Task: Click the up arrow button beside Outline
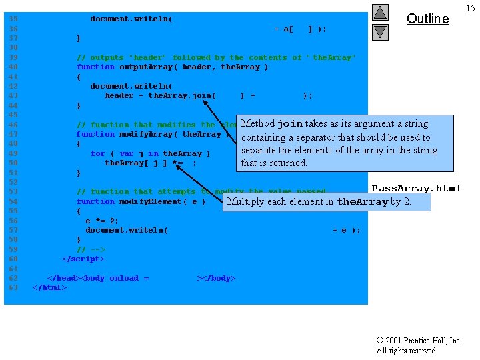[x=380, y=12]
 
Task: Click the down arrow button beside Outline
[x=380, y=31]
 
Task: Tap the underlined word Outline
[x=427, y=19]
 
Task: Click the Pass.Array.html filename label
[x=416, y=188]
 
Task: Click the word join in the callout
[x=290, y=124]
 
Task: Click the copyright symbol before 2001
[x=380, y=341]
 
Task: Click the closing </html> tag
[x=50, y=287]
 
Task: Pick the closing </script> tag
[x=83, y=259]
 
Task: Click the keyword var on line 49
[x=127, y=153]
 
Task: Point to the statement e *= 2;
[x=102, y=221]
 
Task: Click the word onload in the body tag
[x=124, y=278]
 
